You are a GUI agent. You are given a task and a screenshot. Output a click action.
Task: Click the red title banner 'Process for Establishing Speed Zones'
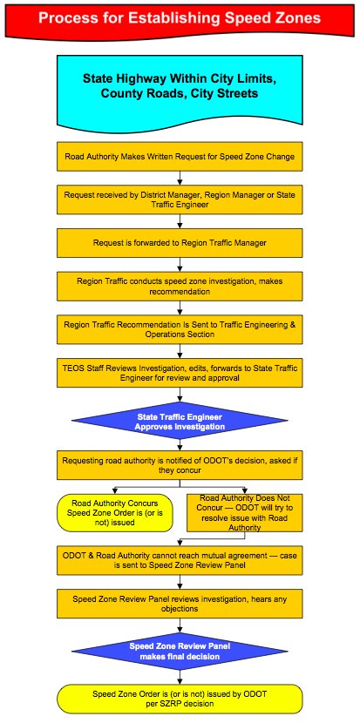[x=180, y=19]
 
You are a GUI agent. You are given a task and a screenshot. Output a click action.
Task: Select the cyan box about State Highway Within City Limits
[x=180, y=89]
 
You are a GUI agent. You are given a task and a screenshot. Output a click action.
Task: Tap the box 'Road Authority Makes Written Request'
[x=180, y=156]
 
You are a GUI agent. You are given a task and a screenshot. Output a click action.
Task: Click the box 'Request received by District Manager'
[x=180, y=199]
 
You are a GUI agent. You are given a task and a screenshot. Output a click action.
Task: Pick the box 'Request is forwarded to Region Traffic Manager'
[x=180, y=243]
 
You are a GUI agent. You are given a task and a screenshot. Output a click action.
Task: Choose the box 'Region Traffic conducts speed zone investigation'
[x=180, y=287]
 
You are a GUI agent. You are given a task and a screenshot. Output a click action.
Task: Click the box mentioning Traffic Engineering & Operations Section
[x=180, y=329]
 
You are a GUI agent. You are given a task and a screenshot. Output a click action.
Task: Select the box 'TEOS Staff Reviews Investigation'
[x=180, y=373]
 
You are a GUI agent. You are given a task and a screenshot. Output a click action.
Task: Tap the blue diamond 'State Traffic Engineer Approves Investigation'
[x=180, y=422]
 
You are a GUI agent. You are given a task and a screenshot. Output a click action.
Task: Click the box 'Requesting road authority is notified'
[x=180, y=465]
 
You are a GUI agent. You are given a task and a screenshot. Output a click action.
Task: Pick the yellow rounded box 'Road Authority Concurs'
[x=115, y=513]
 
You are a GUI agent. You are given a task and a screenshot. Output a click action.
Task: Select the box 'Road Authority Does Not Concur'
[x=245, y=513]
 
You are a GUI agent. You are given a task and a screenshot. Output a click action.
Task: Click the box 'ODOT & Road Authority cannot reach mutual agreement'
[x=180, y=560]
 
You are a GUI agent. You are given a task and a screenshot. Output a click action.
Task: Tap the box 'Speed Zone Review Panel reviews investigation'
[x=180, y=604]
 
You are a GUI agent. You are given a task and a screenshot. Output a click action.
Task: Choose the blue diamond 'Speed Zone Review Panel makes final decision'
[x=180, y=651]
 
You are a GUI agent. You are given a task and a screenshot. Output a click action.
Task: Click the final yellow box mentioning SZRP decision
[x=180, y=698]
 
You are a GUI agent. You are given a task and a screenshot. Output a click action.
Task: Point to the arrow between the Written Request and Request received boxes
[x=180, y=178]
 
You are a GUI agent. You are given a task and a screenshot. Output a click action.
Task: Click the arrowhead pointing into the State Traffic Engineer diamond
[x=180, y=399]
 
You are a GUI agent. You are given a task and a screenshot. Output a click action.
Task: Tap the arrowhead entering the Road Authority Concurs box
[x=115, y=491]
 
